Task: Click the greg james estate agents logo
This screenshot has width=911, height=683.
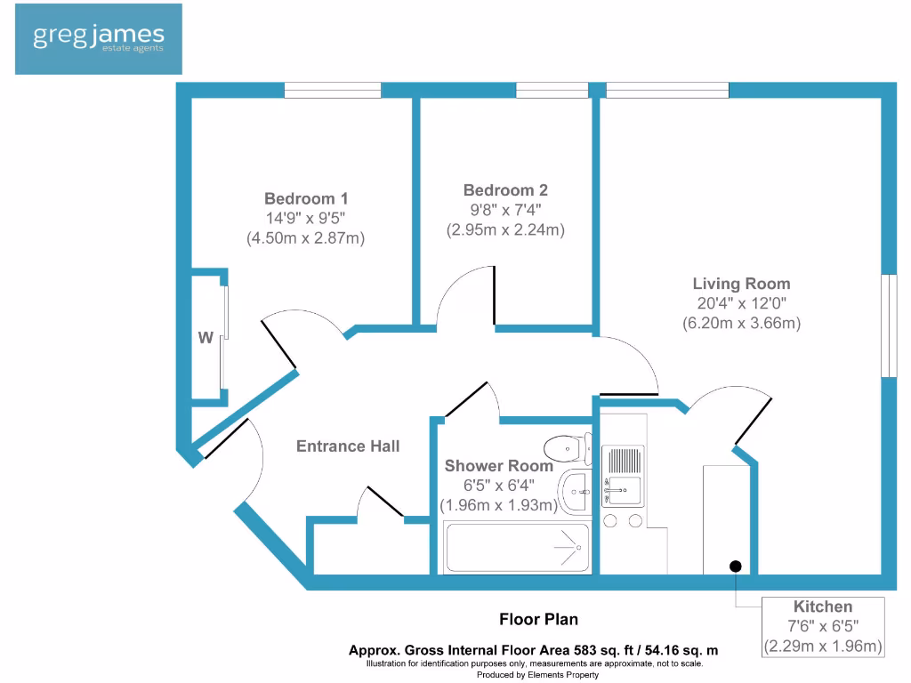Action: coord(98,38)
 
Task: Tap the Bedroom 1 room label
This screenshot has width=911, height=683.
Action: coord(306,198)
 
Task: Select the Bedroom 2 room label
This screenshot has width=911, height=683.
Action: coord(505,190)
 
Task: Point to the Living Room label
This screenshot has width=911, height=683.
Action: coord(741,284)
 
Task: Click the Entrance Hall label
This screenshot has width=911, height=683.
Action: coord(348,446)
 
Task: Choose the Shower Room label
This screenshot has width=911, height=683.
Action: coord(498,465)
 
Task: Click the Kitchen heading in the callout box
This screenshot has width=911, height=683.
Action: coord(823,607)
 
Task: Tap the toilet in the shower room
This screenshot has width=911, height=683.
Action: coord(568,447)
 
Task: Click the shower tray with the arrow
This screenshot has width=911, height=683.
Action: coord(517,548)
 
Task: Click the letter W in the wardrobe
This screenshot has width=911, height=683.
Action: coord(206,338)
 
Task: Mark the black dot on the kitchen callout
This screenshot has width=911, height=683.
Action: coord(736,566)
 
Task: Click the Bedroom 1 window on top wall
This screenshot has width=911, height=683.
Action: coord(333,90)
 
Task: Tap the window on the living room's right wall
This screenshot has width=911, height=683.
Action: coord(888,325)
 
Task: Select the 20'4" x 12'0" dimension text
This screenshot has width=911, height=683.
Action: coord(741,303)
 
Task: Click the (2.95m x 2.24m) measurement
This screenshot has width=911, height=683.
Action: coord(505,229)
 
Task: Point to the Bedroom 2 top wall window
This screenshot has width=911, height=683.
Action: coord(552,90)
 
